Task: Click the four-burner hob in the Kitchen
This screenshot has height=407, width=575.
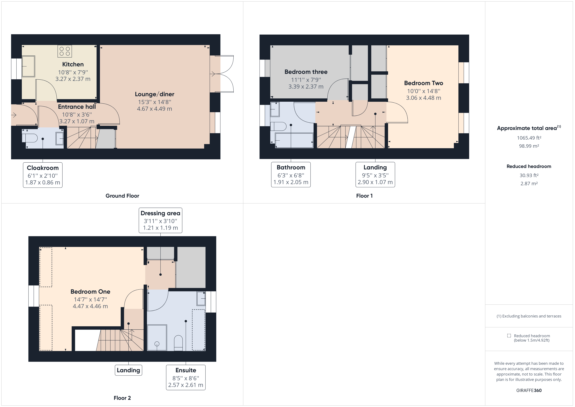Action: pyautogui.click(x=65, y=51)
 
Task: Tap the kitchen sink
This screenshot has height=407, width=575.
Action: pyautogui.click(x=28, y=66)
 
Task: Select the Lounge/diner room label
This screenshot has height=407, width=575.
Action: pyautogui.click(x=155, y=94)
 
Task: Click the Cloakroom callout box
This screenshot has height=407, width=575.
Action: pyautogui.click(x=43, y=175)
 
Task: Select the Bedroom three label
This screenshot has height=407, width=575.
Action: pyautogui.click(x=306, y=72)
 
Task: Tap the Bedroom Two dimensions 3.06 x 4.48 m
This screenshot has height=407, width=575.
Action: pyautogui.click(x=423, y=98)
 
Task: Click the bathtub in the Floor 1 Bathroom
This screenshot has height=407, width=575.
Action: pyautogui.click(x=294, y=140)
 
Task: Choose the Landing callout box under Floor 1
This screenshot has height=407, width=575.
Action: pyautogui.click(x=375, y=174)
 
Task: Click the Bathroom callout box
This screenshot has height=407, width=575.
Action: pyautogui.click(x=291, y=174)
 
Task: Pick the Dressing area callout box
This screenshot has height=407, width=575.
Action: pyautogui.click(x=160, y=220)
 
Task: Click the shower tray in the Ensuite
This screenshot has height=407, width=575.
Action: pyautogui.click(x=157, y=338)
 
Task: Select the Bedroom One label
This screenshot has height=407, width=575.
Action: pyautogui.click(x=90, y=292)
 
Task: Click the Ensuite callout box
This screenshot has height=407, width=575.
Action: pyautogui.click(x=186, y=377)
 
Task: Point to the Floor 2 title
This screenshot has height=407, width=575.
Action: pyautogui.click(x=122, y=398)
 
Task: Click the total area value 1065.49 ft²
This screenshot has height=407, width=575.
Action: pyautogui.click(x=529, y=138)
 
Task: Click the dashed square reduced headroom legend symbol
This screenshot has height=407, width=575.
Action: pyautogui.click(x=509, y=336)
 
